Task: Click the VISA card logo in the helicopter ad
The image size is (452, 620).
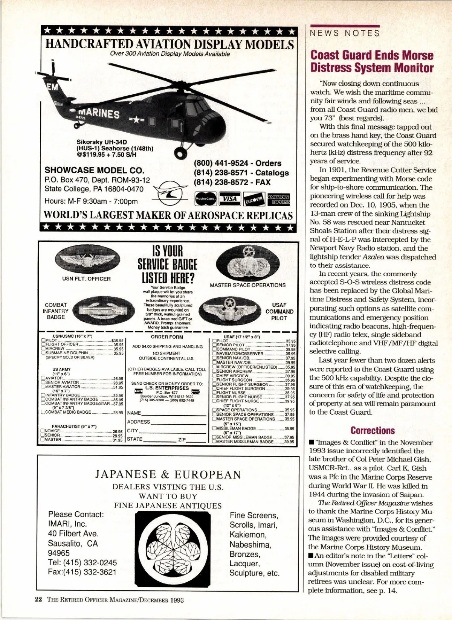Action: point(230,198)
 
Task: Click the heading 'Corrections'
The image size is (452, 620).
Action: point(373,430)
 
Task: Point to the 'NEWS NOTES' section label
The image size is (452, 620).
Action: point(345,34)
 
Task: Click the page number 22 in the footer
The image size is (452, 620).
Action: point(38,600)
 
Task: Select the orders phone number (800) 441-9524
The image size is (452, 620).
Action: point(221,163)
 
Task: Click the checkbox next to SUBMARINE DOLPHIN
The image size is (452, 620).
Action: point(43,353)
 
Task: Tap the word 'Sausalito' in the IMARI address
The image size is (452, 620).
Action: point(65,544)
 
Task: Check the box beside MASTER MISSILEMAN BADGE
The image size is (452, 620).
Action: point(214,442)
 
